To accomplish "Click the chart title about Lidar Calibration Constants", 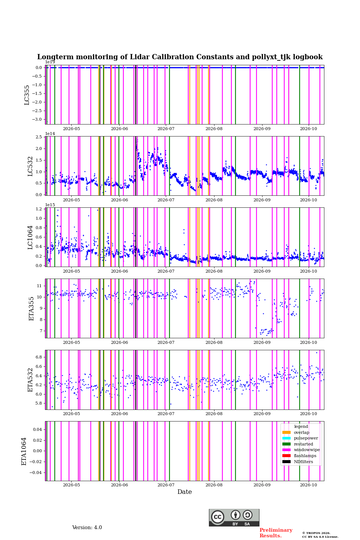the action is coord(180,57).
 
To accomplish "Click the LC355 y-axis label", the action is coord(27,95).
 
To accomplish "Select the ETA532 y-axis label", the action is coord(30,380).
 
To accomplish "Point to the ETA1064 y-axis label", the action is coord(24,451).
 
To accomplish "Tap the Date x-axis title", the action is coord(184,492).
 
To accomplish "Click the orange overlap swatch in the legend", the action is coord(286,432).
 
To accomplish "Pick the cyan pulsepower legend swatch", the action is coord(286,438).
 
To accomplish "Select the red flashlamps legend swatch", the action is coord(286,456).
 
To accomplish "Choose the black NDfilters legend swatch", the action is coord(286,462).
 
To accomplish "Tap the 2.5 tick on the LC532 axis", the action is coord(39,137).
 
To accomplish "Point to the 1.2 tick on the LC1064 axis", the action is coord(39,209).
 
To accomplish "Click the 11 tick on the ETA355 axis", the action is coord(39,286).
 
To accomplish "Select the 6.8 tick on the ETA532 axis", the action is coord(39,357).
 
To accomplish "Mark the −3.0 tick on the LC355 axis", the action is coord(37,119).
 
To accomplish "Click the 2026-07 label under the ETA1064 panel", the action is coord(166,485).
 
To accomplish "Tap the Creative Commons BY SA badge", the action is coord(234,517).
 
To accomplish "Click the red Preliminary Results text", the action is coord(276,533).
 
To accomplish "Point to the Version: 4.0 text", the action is coord(87,528).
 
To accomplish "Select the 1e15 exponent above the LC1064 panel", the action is coord(50,205).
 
